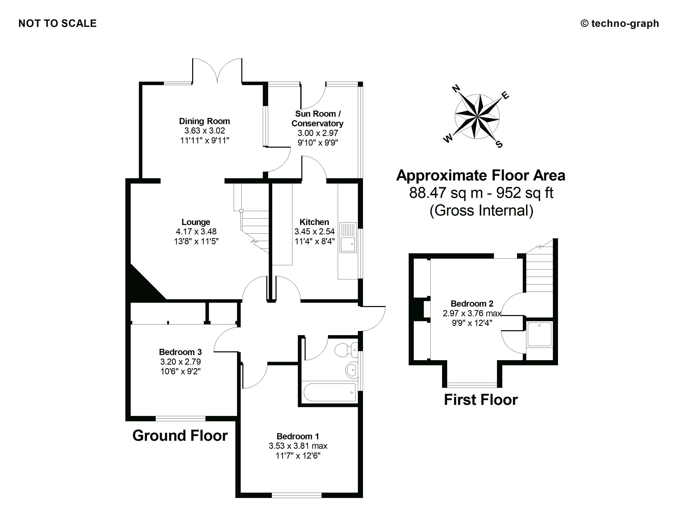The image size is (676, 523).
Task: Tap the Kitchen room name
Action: pos(314,222)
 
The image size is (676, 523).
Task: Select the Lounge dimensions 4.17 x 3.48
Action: pos(196,231)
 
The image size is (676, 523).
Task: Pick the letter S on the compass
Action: pos(499,144)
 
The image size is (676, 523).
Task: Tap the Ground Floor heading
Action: pos(180,436)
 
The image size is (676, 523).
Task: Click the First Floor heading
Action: pos(481,400)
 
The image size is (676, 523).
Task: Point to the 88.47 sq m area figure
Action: pos(446,193)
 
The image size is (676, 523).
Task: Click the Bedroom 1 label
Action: pos(298,436)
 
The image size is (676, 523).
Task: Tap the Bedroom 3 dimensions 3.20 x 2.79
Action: pos(180,362)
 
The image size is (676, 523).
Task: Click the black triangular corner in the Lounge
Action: pos(141,285)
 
